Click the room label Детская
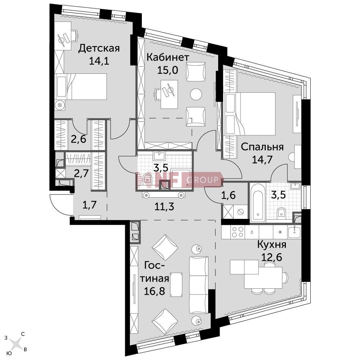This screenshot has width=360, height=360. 99,49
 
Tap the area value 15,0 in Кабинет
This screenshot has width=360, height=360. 168,70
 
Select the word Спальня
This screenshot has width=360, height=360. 262,147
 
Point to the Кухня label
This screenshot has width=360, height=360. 271,245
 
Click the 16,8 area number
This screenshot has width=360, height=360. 154,291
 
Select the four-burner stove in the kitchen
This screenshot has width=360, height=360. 238,232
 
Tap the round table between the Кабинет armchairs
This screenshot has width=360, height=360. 196,94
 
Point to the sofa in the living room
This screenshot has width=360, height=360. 199,285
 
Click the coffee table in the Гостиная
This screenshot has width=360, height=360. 176,285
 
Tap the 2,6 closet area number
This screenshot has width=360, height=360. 78,139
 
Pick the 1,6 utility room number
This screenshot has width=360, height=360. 228,195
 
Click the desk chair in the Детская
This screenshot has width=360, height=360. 73,36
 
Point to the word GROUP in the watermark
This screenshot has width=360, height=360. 202,180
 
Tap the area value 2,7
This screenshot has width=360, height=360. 81,174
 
